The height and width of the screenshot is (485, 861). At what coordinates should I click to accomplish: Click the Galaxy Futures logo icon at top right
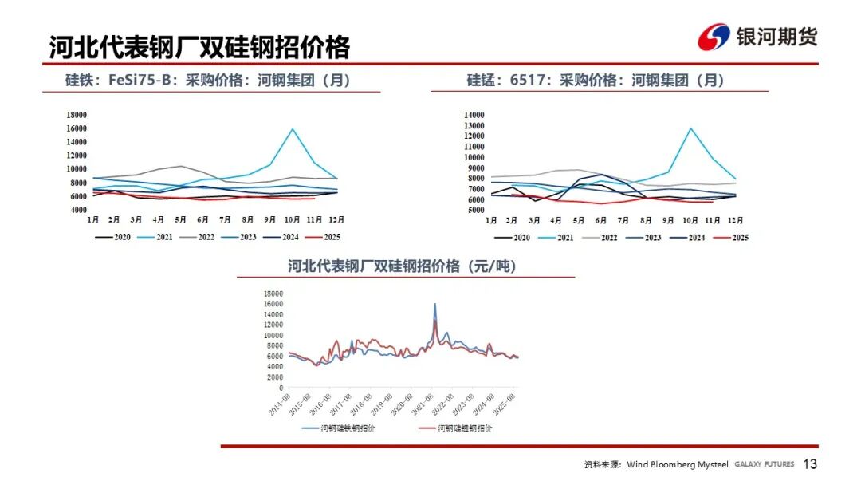[x=714, y=37]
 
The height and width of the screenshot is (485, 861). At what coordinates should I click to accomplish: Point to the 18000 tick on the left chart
[x=77, y=115]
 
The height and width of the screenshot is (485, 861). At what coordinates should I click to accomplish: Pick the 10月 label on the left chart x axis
[x=293, y=219]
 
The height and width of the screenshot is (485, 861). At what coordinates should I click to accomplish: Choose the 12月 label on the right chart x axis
[x=734, y=219]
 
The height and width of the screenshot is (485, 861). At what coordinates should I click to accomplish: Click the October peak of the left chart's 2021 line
[x=293, y=129]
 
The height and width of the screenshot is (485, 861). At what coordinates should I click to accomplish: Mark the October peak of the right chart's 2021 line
[x=690, y=128]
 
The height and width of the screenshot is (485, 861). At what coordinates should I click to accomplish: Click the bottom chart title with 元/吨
[x=402, y=267]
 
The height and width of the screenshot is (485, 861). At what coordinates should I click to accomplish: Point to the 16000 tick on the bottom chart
[x=273, y=304]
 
